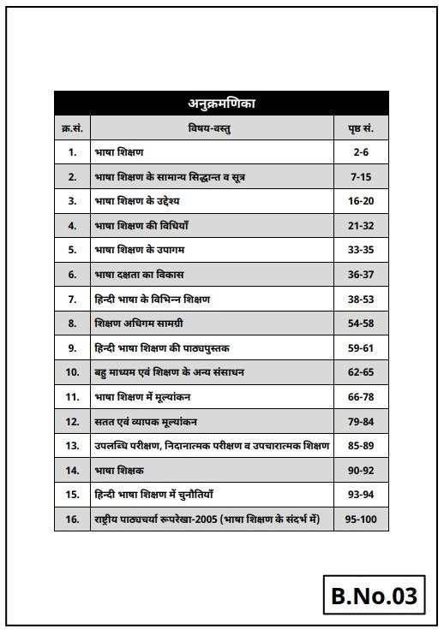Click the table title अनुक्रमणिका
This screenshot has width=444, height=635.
[221, 104]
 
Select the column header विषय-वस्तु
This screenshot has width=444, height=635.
[210, 128]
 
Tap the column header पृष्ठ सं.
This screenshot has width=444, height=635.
[360, 128]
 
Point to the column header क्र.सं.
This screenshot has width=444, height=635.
[72, 128]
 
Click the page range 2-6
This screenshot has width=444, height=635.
[360, 152]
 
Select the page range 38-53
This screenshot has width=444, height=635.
[360, 300]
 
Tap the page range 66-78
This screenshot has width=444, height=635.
[360, 397]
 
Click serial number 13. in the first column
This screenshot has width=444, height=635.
[72, 446]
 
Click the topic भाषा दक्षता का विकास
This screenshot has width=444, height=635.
[139, 275]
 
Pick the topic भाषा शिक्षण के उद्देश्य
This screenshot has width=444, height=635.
[137, 201]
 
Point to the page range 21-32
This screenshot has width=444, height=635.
[360, 226]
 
